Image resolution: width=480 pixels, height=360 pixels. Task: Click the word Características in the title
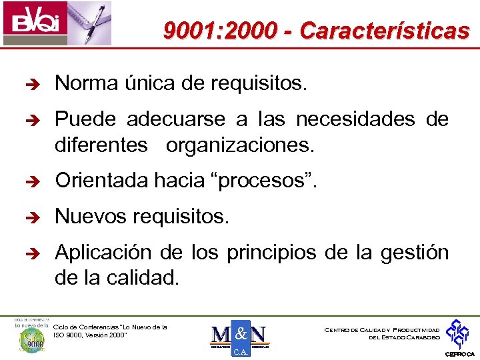click(384, 31)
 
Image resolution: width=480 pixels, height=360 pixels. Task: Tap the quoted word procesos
click(273, 180)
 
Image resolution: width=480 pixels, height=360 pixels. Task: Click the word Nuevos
click(89, 216)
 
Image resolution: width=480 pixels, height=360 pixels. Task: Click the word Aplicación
click(103, 252)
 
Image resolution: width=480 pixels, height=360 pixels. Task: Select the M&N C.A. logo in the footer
click(239, 338)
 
